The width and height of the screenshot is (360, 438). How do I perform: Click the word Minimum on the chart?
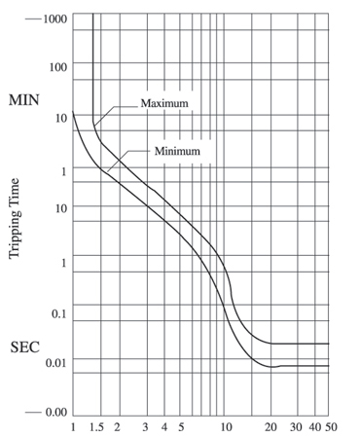(176, 151)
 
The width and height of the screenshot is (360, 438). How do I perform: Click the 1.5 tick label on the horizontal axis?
(96, 427)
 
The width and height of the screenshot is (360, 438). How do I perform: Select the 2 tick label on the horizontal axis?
(117, 427)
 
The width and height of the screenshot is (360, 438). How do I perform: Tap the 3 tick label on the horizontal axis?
(145, 427)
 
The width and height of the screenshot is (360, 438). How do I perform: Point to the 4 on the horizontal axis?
(165, 427)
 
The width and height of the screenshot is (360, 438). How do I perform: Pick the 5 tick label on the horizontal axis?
(181, 427)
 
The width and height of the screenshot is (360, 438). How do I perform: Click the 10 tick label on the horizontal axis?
(227, 427)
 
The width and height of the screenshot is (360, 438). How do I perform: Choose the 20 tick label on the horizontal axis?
(271, 427)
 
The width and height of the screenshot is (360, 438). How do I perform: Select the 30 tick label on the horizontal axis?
(297, 427)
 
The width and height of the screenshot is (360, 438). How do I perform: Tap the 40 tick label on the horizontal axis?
(315, 427)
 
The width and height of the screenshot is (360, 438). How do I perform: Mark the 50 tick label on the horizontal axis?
(331, 427)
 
